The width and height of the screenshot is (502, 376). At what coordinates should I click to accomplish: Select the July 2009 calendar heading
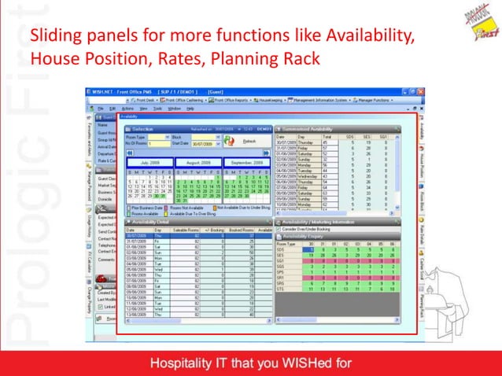149,163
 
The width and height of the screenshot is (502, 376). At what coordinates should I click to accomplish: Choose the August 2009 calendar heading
197,163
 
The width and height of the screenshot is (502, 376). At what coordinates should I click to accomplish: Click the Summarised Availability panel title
319,128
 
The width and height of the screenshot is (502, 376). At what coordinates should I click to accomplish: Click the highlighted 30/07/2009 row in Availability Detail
197,235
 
